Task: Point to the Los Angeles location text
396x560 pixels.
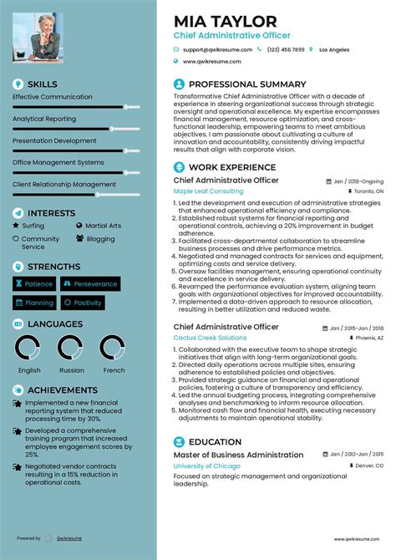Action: pos(334,49)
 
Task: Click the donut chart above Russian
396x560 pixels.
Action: pos(71,348)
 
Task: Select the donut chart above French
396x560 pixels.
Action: pos(113,348)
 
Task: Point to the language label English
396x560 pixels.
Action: pos(29,370)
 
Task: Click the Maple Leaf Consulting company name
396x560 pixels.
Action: pos(208,191)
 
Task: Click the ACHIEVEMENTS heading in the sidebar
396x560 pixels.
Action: pos(62,390)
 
